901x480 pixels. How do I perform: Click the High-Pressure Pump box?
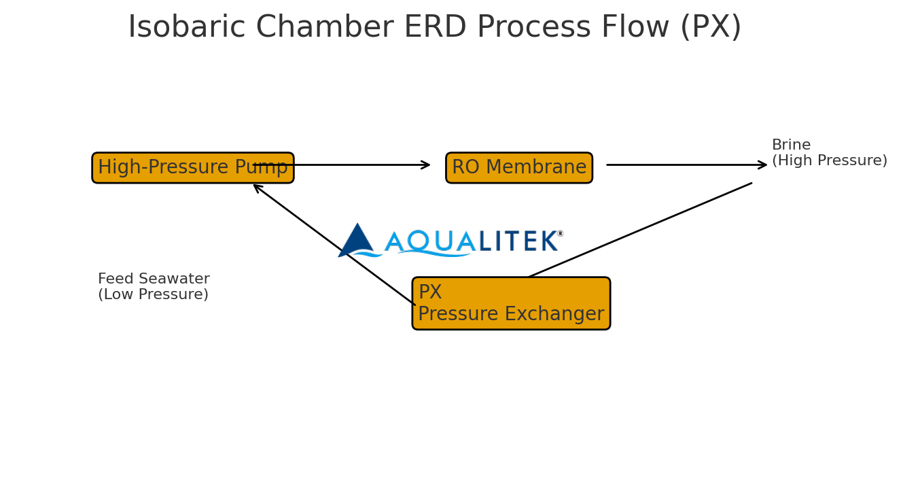click(x=192, y=168)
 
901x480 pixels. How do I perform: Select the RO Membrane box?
click(x=518, y=168)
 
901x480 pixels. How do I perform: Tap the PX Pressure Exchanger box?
click(x=511, y=303)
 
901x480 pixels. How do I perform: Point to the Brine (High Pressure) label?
click(x=828, y=153)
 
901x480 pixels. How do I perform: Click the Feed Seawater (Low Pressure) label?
click(x=154, y=287)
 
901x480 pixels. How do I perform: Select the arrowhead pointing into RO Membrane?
click(x=426, y=165)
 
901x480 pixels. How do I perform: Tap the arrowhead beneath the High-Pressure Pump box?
click(x=258, y=188)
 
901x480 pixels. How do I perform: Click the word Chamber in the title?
click(x=325, y=28)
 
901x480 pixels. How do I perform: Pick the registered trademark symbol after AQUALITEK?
click(x=560, y=234)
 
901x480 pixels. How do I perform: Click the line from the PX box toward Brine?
click(x=639, y=230)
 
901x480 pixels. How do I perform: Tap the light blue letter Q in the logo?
click(x=418, y=241)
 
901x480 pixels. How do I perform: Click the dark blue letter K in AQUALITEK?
click(x=549, y=241)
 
